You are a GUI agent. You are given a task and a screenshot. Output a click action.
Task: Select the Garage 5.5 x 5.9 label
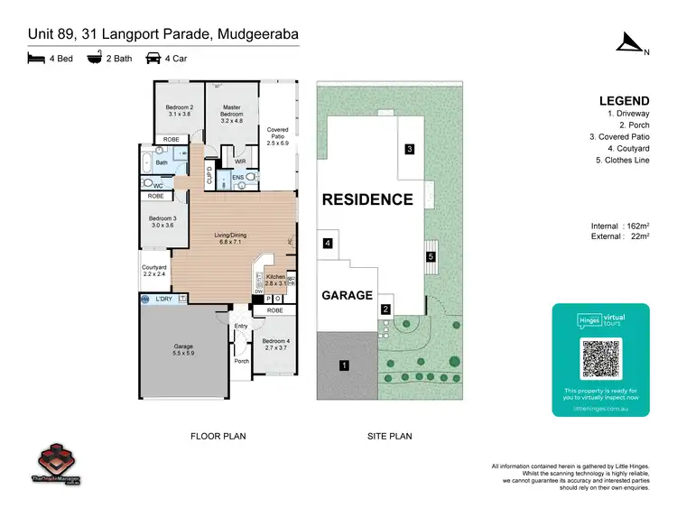pos(183,350)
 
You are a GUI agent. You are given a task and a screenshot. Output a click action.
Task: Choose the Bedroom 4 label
pos(274,343)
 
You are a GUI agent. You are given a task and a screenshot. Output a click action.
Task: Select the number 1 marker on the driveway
pos(343,365)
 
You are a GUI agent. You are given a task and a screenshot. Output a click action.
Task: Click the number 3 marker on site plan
pos(409,149)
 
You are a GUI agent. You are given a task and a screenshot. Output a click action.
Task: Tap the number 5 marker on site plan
pos(431,257)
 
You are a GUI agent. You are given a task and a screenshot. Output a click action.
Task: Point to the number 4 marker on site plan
pos(328,244)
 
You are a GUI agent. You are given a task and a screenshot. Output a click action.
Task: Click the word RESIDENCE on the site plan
pos(367,199)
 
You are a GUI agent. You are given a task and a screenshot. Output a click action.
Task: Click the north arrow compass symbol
pos(628,42)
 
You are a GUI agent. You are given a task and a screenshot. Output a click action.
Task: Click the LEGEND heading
pos(624,101)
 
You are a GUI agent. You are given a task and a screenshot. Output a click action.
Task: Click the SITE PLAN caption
pos(389,436)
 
